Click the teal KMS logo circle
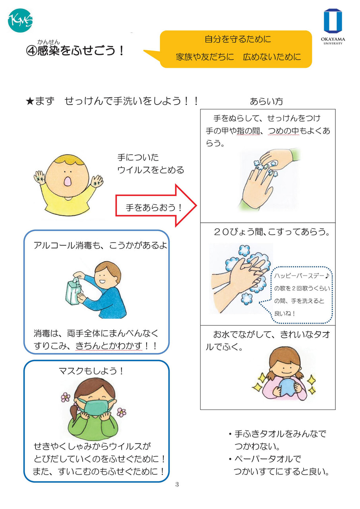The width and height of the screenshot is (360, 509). (20, 20)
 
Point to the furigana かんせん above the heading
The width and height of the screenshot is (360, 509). (48, 42)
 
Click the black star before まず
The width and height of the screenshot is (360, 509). (30, 101)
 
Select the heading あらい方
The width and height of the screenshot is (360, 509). (266, 101)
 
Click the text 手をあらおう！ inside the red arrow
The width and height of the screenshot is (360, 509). (154, 208)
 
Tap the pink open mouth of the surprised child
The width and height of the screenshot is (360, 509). (68, 181)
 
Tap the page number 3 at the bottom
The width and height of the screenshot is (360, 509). (177, 484)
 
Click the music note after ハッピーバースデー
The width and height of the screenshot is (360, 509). (327, 276)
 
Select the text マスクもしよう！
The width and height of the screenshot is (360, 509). (91, 371)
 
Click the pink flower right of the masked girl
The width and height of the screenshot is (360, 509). (122, 412)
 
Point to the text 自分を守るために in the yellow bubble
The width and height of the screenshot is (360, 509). (238, 39)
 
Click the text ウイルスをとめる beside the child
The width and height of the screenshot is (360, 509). (151, 170)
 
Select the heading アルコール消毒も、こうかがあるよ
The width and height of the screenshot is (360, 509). (100, 245)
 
